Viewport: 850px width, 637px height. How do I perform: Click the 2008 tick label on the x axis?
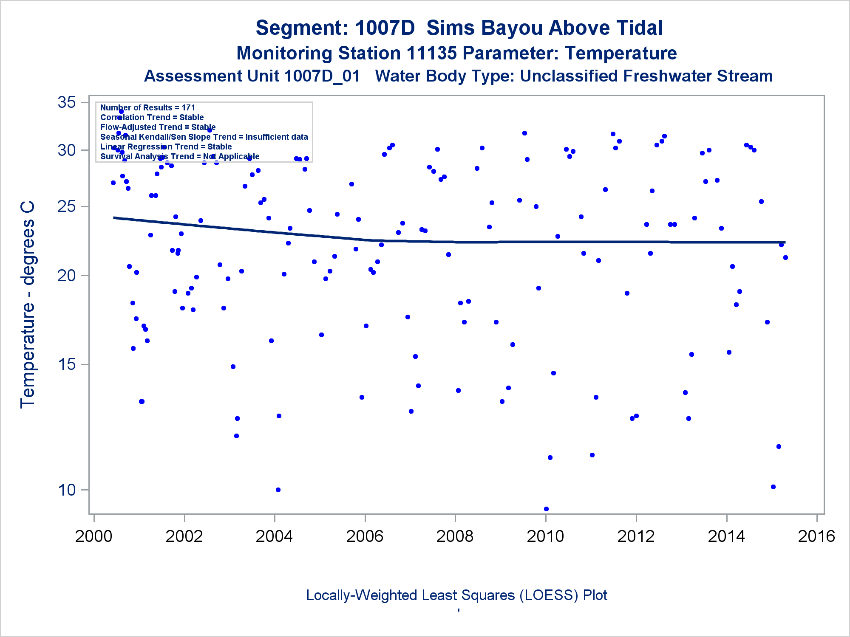455,536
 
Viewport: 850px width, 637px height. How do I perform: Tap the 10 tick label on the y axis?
67,490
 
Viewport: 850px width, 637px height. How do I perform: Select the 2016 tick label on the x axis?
816,536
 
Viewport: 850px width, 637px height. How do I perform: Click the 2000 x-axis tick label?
93,536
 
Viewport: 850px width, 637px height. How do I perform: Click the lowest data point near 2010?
546,509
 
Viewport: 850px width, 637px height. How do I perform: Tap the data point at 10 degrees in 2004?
278,490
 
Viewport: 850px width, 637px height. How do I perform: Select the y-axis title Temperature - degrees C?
28,305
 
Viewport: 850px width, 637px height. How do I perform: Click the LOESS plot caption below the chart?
456,595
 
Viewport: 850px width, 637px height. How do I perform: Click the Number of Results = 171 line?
147,108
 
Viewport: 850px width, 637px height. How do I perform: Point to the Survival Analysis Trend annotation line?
179,157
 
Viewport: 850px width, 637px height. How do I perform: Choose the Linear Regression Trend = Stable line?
166,147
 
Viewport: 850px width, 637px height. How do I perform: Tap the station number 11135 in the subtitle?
431,54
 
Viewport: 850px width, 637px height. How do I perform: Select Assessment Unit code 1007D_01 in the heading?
322,76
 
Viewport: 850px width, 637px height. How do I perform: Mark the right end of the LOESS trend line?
785,242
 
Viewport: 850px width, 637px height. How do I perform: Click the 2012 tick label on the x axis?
636,536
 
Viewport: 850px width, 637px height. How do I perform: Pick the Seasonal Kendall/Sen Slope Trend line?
204,137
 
